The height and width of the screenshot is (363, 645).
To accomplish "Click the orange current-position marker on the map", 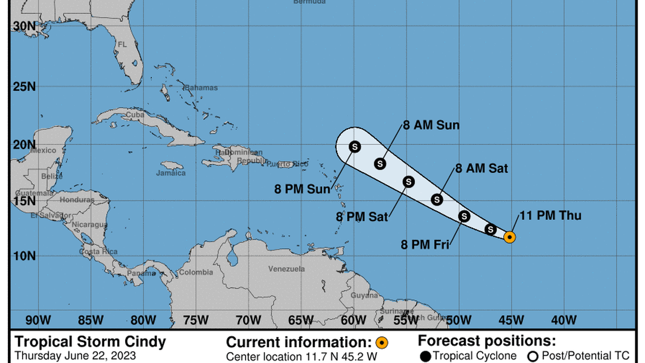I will (x=509, y=237).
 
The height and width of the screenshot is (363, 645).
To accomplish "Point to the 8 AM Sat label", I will (x=481, y=168).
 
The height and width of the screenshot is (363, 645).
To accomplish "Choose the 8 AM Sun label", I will (x=431, y=125).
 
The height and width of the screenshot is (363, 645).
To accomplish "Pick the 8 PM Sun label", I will (x=302, y=190).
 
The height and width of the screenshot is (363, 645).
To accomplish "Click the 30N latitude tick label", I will (x=24, y=26).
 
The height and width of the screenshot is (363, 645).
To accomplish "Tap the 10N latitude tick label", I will (x=24, y=256).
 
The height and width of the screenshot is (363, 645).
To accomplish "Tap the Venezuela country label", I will (x=286, y=268).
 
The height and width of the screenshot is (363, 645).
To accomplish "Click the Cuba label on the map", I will (x=135, y=114).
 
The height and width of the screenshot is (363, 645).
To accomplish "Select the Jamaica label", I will (x=170, y=173).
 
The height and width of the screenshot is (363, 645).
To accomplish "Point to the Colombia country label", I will (x=196, y=272).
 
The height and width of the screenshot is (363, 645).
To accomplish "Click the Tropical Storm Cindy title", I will (x=91, y=342).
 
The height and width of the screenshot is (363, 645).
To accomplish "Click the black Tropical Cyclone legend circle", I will (x=425, y=356).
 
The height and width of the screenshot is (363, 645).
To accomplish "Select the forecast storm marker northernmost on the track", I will (x=355, y=147).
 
